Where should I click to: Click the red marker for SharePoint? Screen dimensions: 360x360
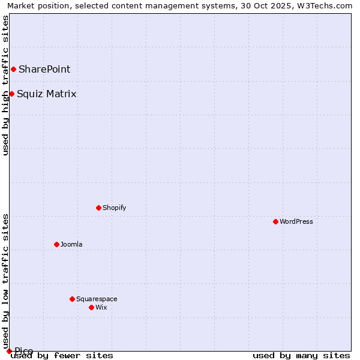click(x=13, y=70)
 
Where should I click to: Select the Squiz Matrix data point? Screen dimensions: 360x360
click(x=11, y=94)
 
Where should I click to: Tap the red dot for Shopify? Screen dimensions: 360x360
click(x=98, y=208)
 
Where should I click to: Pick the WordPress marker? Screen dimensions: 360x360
click(x=275, y=221)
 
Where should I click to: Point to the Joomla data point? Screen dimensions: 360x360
click(x=56, y=244)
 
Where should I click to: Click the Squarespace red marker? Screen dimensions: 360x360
click(x=72, y=299)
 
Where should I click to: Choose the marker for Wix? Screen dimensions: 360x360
click(x=91, y=307)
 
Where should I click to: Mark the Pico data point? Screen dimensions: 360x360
click(x=9, y=351)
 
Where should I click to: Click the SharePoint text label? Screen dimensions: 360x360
click(x=44, y=70)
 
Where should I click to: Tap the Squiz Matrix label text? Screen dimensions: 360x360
click(x=47, y=94)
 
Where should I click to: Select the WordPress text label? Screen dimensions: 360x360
click(x=296, y=221)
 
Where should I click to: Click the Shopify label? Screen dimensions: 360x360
click(x=114, y=208)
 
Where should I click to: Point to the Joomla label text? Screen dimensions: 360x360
click(x=71, y=244)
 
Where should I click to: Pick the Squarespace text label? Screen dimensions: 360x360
click(x=97, y=299)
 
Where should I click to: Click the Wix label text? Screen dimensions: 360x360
click(x=101, y=307)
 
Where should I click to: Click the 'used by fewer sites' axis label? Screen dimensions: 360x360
click(x=62, y=356)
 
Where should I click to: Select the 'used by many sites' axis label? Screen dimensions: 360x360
click(x=301, y=356)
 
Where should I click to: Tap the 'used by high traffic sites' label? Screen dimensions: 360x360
click(x=5, y=85)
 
